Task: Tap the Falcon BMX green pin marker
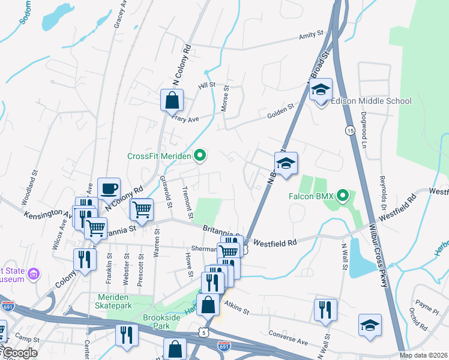coord(343,195)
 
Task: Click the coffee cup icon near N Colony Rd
coord(109,189)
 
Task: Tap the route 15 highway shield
coord(349,130)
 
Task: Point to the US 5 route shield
coord(205,331)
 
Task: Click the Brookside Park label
coord(157,321)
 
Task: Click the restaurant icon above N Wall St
coord(322,310)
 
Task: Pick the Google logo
coord(19,352)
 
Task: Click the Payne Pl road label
coord(427,309)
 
